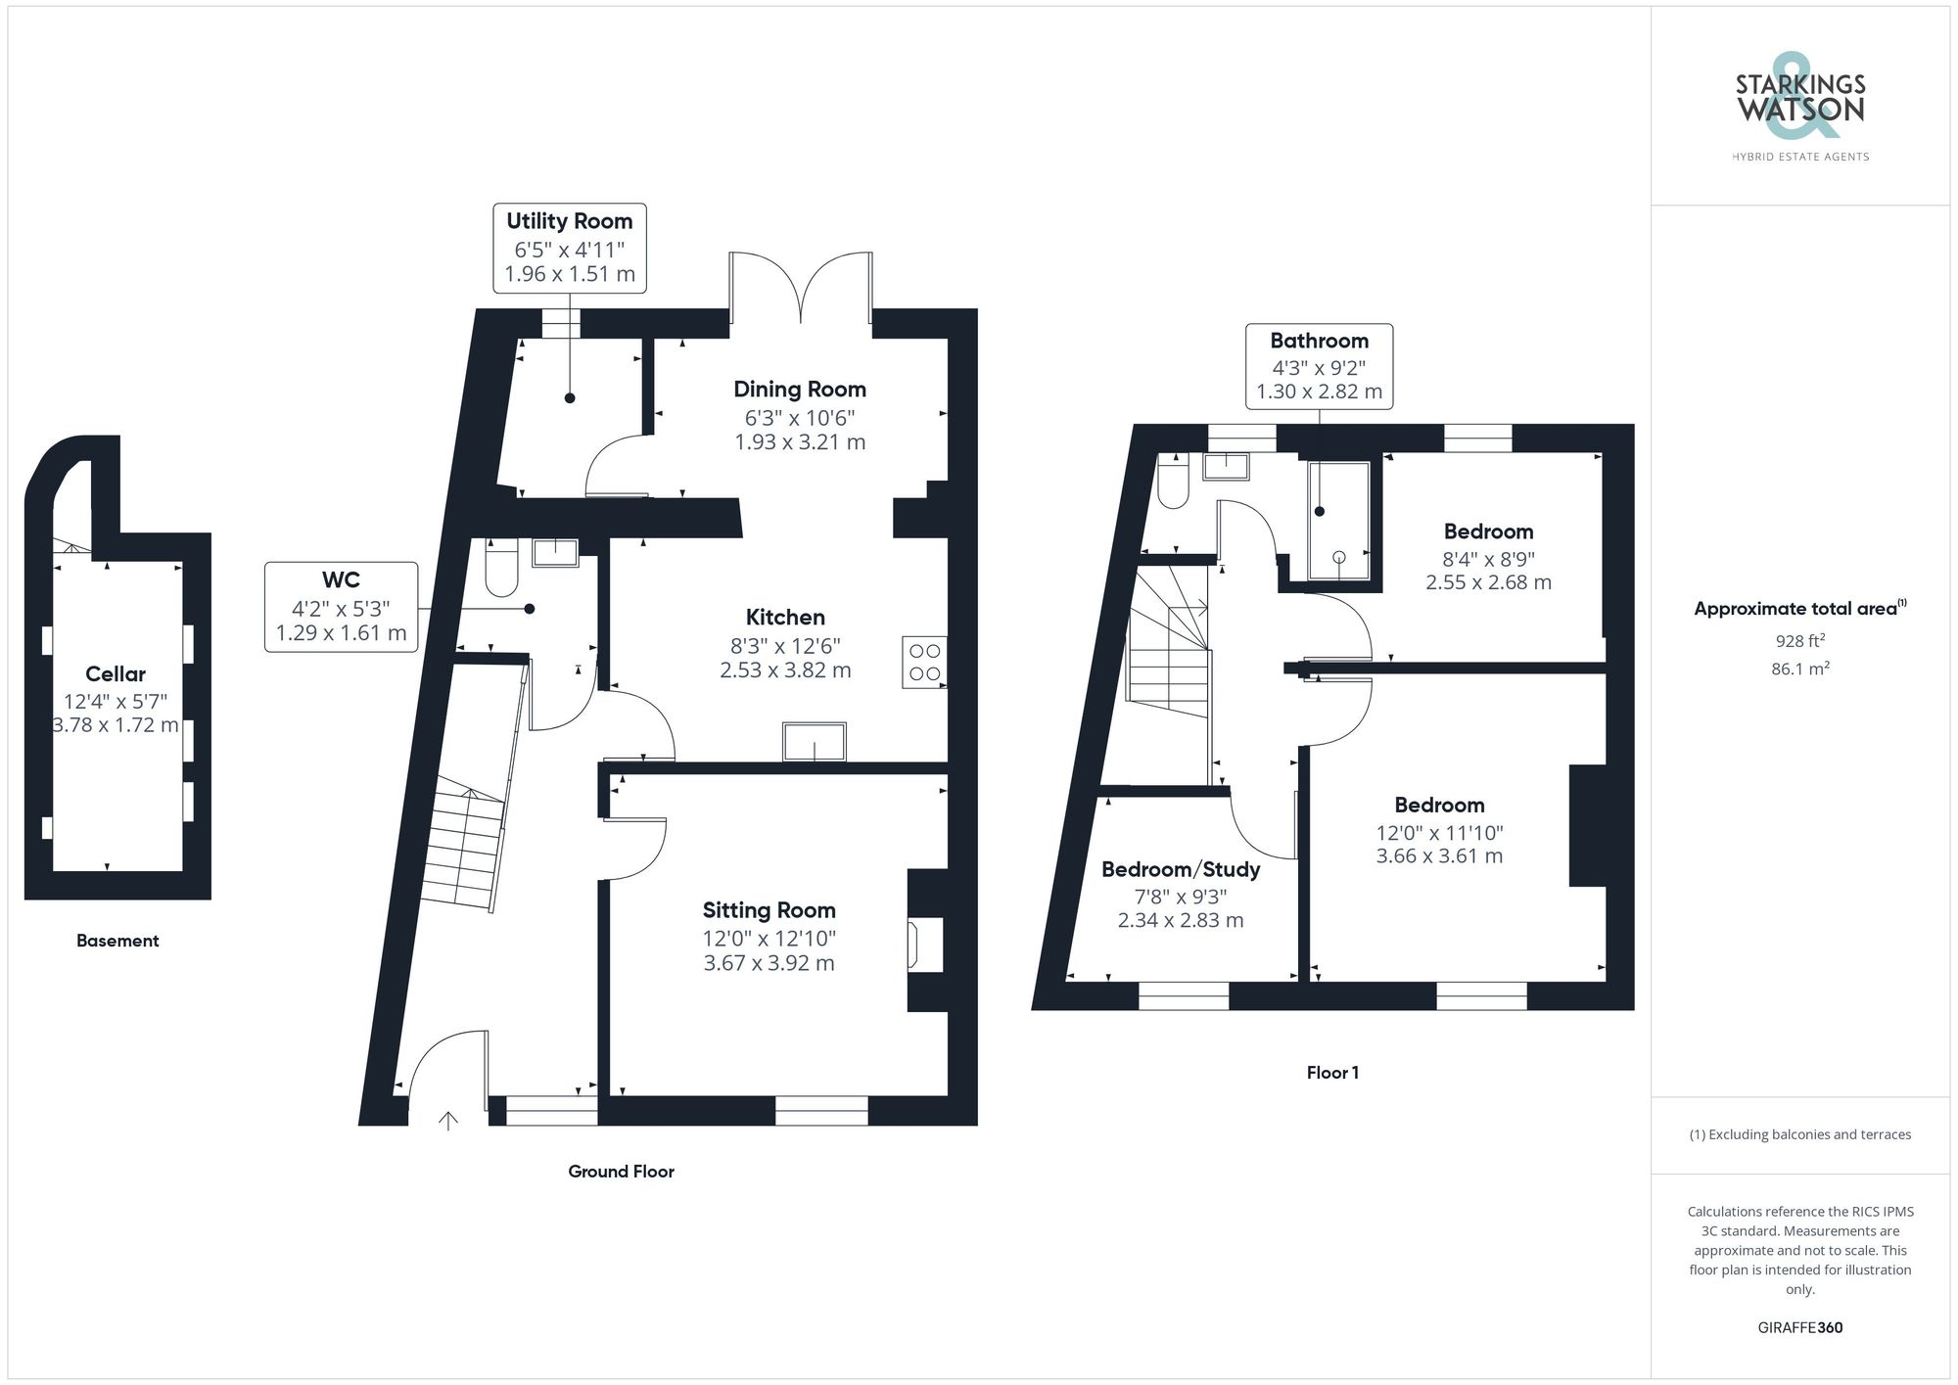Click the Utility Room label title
click(569, 221)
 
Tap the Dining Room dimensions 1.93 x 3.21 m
click(800, 442)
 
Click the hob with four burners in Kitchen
click(924, 663)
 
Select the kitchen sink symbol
click(814, 741)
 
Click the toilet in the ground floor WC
click(501, 569)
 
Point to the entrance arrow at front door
click(448, 1121)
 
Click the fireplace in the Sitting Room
click(926, 945)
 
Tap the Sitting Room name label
click(769, 910)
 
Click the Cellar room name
click(116, 674)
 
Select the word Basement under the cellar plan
click(117, 941)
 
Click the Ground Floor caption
click(621, 1172)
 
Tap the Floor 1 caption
click(1331, 1073)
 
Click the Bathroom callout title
click(1319, 341)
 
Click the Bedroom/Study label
click(1181, 869)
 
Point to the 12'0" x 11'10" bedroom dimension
click(1439, 833)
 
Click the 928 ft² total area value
click(1799, 641)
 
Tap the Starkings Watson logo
click(1799, 102)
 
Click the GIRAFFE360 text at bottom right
click(1799, 1328)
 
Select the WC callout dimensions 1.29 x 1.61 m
click(341, 633)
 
